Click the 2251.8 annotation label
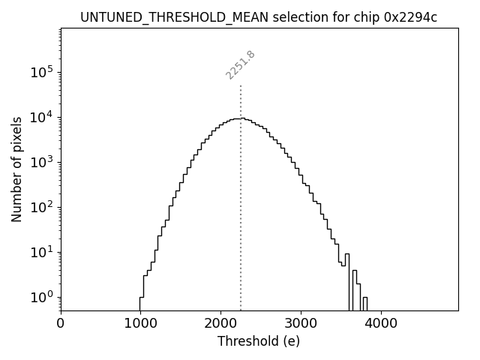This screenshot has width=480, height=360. (241, 64)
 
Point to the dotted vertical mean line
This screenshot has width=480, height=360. (241, 225)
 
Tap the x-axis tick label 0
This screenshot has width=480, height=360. (61, 324)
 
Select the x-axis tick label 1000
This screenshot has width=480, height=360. (140, 324)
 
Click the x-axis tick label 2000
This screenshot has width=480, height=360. (220, 324)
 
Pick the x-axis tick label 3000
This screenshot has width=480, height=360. (301, 324)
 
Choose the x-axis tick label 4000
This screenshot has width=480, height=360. (380, 324)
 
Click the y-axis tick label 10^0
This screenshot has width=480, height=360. (42, 297)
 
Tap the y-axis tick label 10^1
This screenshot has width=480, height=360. (42, 252)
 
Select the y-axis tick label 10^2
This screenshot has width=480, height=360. (42, 207)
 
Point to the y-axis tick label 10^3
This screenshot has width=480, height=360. (42, 162)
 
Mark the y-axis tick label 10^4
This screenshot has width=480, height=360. (42, 117)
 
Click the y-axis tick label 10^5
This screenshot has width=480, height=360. (42, 72)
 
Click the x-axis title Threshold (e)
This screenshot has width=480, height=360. (259, 341)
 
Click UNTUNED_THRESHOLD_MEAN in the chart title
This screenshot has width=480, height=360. (157, 17)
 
